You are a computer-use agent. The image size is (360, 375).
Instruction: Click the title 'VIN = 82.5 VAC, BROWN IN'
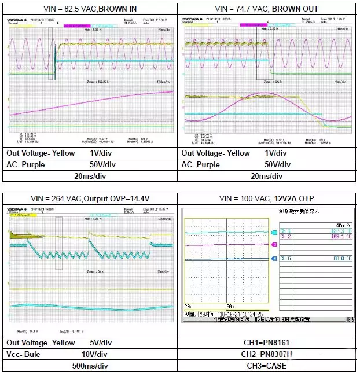[91, 9]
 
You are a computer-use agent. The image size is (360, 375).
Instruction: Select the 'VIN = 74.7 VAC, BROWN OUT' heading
[267, 9]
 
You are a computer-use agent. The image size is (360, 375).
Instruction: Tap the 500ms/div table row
[91, 366]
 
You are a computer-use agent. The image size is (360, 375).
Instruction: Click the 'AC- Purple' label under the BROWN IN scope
[29, 165]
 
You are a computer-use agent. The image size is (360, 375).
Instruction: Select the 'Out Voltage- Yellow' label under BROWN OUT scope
[216, 153]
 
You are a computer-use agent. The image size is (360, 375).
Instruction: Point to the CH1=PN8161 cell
[267, 343]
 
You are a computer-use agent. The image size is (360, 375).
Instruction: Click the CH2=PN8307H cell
[267, 354]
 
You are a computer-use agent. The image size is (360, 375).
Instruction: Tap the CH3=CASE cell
[267, 366]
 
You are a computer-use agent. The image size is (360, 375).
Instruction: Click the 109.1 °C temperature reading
[341, 237]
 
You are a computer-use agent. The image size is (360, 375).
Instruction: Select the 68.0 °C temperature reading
[341, 259]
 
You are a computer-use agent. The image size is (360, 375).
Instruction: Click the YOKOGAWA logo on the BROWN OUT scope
[193, 20]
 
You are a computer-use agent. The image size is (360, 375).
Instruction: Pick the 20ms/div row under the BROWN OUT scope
[267, 177]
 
